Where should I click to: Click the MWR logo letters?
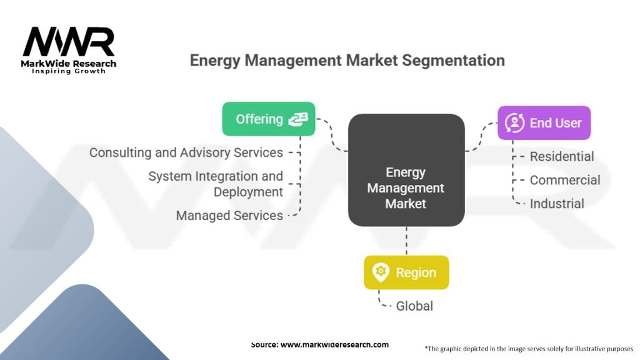point(69,42)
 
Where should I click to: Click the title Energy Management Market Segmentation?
point(347,61)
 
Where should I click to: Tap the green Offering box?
point(269,119)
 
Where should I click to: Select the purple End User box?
point(544,122)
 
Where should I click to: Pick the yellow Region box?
point(406,272)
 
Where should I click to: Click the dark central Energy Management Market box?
point(406,170)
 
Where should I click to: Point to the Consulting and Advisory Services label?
point(186,152)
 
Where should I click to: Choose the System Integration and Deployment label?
point(216,184)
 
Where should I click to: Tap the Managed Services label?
point(229,216)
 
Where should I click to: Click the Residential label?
point(562,156)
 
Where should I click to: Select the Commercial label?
point(565,180)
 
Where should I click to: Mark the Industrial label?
point(557,204)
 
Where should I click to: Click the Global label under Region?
point(414,306)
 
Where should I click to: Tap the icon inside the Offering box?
point(297,119)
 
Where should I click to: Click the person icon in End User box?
point(515,122)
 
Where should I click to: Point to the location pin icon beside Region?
point(381,272)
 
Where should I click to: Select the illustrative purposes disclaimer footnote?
point(529,348)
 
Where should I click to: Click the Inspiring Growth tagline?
point(69,71)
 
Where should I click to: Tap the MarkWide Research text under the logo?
point(69,64)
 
